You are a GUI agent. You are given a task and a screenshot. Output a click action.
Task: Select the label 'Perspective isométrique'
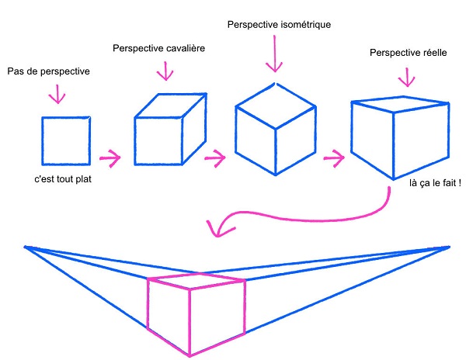point(279,25)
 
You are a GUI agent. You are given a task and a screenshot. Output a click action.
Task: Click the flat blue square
point(66,140)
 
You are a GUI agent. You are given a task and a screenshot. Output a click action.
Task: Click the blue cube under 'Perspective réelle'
point(400,138)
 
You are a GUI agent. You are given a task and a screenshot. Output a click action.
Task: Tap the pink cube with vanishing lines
point(196,313)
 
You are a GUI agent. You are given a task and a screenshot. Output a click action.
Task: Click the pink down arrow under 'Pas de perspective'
point(57,94)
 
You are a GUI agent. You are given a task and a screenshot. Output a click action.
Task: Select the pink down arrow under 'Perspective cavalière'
point(164,71)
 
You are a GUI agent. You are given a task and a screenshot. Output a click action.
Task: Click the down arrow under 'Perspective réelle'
point(405,77)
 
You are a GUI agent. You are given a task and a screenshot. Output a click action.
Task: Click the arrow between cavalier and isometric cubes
point(215,158)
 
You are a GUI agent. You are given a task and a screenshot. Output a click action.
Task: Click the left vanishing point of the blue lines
point(26,247)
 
